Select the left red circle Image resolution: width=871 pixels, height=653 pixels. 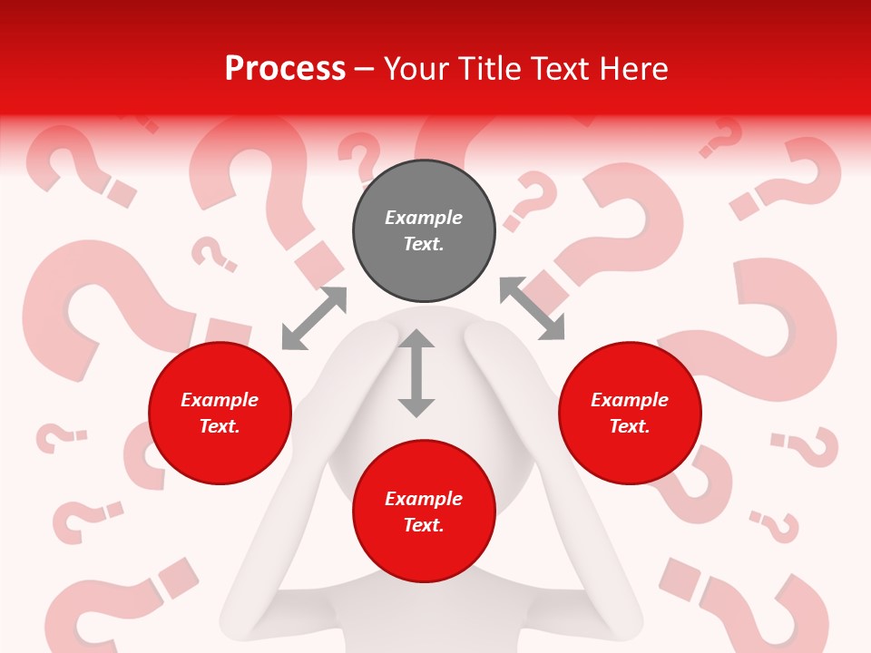220,413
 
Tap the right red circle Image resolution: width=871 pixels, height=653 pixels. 630,413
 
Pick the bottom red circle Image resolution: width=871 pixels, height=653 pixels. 424,511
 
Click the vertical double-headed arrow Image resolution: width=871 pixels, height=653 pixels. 416,373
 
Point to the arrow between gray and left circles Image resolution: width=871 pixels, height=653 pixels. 314,317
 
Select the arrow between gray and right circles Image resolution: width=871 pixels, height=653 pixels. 533,309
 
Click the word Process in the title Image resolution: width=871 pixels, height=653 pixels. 285,69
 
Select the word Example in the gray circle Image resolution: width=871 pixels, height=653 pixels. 424,218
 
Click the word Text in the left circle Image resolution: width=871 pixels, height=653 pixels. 220,426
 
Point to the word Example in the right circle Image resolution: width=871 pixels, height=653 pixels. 630,400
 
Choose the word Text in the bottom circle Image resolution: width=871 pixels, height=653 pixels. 424,525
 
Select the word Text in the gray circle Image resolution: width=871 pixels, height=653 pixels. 424,244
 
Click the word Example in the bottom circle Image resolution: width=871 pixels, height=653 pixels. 424,499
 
